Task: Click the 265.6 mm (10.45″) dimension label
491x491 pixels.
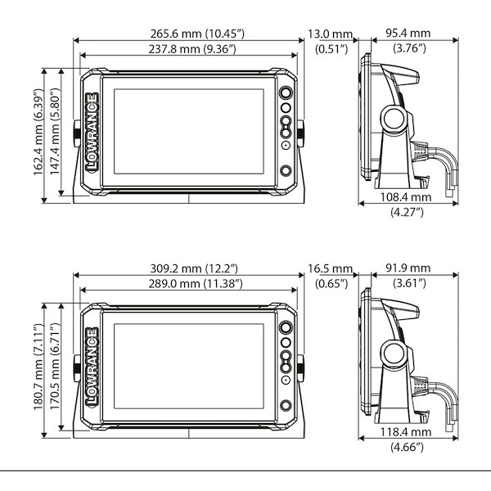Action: coord(197,34)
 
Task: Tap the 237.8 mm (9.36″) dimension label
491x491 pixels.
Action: coord(192,49)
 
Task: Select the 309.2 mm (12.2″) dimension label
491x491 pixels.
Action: coord(194,268)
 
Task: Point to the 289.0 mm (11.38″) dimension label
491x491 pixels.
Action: coord(196,284)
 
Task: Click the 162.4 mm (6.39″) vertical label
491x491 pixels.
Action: coord(38,132)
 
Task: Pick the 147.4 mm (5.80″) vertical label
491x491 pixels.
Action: coord(55,131)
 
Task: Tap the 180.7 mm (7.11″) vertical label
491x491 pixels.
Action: coord(38,367)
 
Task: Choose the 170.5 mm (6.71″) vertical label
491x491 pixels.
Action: coord(55,366)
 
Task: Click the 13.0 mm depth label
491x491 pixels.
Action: coord(331,34)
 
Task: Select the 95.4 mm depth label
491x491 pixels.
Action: coord(408,34)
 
